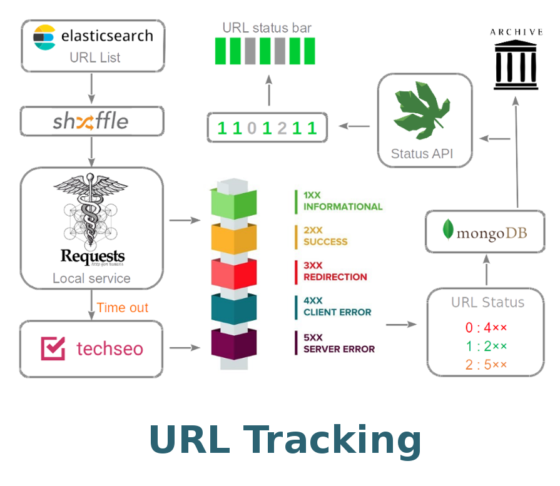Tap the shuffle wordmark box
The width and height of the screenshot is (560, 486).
[x=92, y=121]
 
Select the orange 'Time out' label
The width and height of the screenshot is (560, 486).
[x=122, y=308]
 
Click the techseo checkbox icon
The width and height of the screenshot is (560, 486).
[x=53, y=348]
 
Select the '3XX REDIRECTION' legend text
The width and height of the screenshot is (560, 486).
[x=335, y=271]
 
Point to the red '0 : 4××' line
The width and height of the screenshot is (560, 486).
[x=486, y=327]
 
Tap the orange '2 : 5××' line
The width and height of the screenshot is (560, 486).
[x=486, y=365]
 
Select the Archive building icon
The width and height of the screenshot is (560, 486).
[x=516, y=63]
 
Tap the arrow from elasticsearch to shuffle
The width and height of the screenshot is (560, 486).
[x=92, y=89]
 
